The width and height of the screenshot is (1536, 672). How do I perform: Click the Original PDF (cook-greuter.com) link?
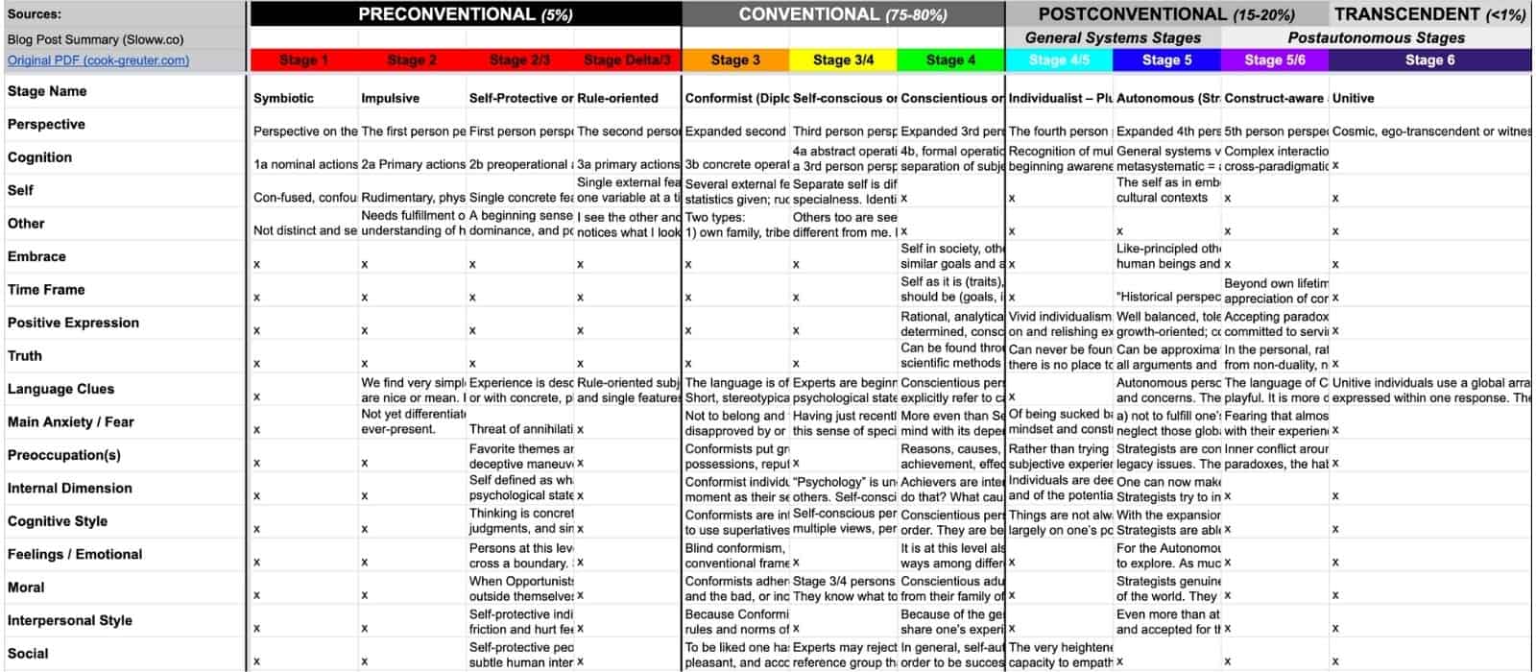[98, 60]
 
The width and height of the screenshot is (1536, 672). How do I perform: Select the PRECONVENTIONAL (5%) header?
[466, 14]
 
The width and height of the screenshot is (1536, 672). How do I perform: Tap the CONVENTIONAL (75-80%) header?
[843, 14]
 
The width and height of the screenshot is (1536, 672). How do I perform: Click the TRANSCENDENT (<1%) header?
[1429, 14]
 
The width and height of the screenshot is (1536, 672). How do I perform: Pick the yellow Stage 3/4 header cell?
[843, 60]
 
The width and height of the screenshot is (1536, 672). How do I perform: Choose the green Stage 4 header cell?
[950, 60]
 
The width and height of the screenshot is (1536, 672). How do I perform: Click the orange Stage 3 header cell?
[735, 60]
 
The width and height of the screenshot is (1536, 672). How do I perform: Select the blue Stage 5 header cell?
[1166, 60]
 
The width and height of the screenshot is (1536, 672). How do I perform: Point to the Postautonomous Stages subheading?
[1376, 38]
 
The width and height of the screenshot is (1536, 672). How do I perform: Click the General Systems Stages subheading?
[1113, 38]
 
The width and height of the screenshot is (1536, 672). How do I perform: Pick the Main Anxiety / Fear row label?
[71, 422]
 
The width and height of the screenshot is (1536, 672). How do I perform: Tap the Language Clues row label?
[60, 389]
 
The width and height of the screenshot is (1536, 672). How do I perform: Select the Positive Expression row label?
[73, 323]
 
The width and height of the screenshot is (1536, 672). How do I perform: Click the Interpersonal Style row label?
[70, 620]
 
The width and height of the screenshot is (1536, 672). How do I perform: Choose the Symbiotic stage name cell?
[283, 98]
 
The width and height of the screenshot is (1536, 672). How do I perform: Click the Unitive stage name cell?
[1353, 98]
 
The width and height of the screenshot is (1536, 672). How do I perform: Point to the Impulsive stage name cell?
[390, 98]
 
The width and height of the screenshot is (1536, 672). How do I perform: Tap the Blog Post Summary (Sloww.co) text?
[95, 39]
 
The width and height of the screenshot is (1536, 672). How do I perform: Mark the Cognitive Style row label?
[58, 521]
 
